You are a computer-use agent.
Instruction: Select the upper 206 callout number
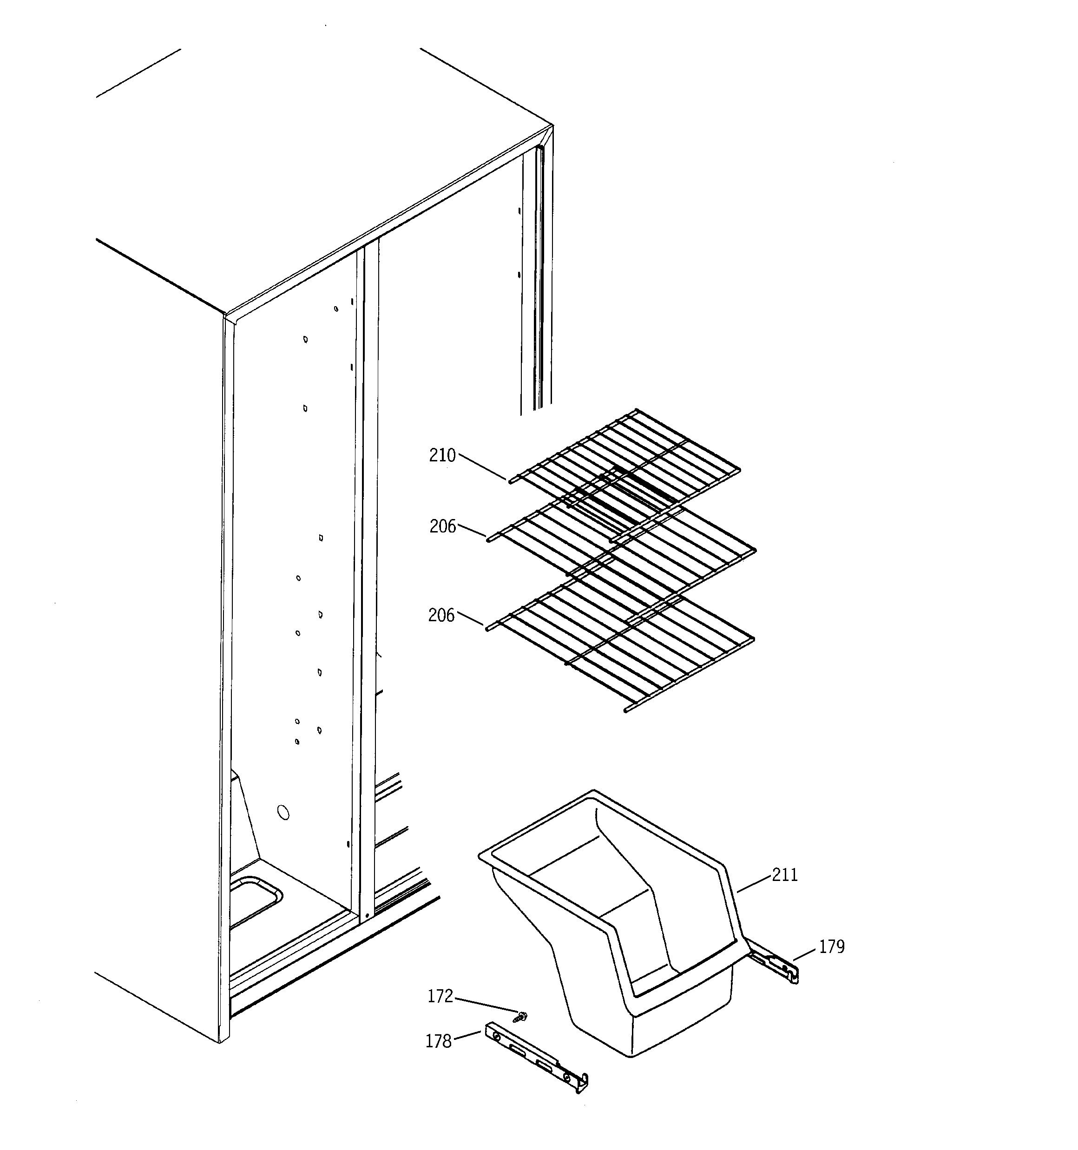[x=443, y=526]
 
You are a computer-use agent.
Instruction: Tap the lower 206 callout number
[x=441, y=616]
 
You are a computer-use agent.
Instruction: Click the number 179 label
[x=832, y=946]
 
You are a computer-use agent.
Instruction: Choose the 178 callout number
[x=438, y=1041]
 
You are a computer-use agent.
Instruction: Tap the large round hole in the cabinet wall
[x=283, y=813]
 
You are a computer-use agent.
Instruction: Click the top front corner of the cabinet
[x=226, y=316]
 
